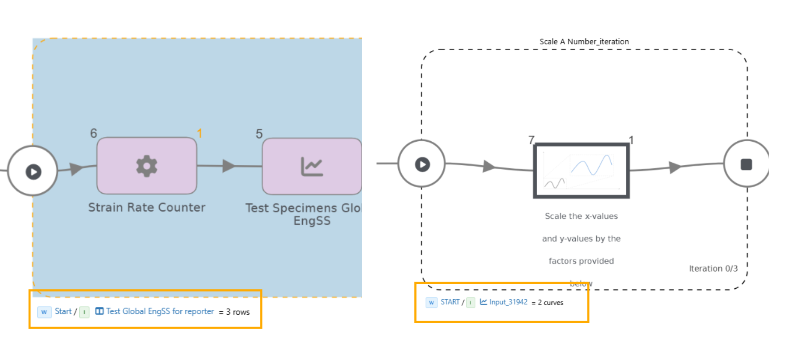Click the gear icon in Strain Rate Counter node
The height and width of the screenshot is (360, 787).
coord(147,166)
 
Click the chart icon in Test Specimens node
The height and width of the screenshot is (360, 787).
coord(312,166)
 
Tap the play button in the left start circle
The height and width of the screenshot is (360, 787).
coord(34,171)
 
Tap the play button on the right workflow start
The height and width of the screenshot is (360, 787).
coord(422,164)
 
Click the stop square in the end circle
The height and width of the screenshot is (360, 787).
coord(746,164)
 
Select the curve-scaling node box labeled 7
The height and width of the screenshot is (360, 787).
coord(581,171)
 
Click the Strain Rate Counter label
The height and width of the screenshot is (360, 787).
coord(147,207)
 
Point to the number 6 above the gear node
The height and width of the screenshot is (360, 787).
coord(94,133)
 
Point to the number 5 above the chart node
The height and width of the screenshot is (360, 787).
coord(259,134)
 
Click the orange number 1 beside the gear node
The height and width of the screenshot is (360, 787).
coord(200,133)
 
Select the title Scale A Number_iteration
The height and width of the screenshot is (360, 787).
coord(584,41)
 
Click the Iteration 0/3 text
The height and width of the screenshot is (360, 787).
coord(713,269)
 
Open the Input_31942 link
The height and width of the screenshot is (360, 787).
coord(508,302)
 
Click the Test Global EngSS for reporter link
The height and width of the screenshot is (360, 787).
coord(160,311)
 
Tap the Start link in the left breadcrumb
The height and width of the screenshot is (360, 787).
coord(63,311)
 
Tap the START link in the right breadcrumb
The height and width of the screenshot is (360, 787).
coord(450,302)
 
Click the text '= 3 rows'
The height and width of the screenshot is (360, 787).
coord(234,312)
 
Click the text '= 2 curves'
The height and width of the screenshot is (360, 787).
coord(548,303)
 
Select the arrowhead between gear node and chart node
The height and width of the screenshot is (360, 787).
coord(229,166)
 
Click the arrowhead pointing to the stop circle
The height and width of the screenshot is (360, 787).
coord(675,167)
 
